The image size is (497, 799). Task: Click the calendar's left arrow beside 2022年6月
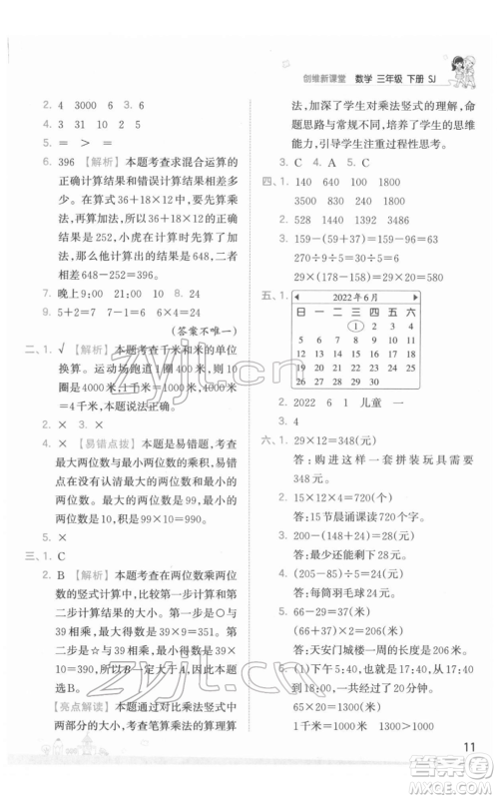(294, 296)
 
